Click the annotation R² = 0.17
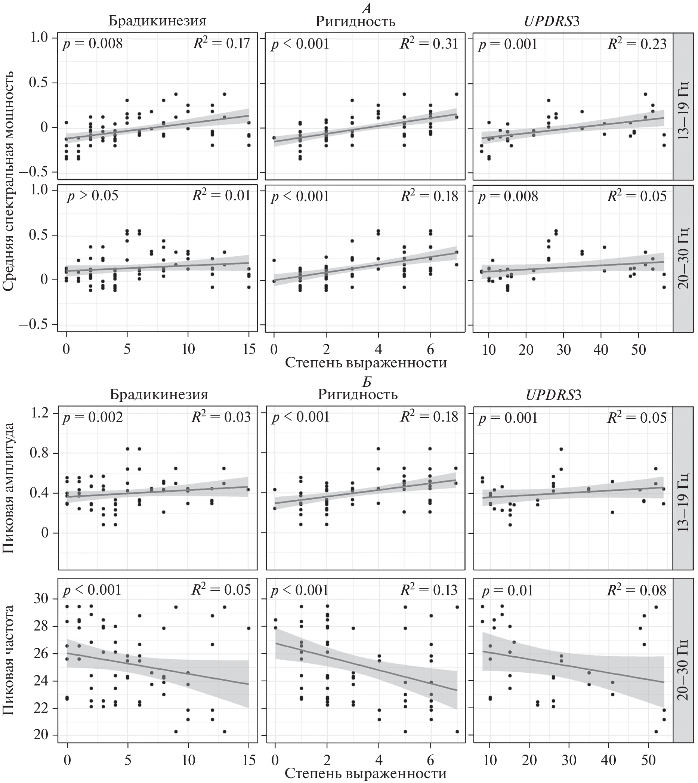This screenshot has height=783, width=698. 221,43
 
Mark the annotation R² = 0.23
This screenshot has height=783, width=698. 637,43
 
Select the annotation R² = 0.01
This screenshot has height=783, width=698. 221,195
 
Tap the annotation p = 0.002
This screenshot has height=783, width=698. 92,417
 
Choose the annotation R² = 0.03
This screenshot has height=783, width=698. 221,417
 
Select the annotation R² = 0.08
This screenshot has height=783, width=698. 637,590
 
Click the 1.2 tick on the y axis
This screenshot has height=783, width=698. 39,413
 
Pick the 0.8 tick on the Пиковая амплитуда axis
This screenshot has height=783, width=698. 39,453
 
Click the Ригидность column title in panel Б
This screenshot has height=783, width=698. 358,394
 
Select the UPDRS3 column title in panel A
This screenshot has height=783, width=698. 552,21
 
